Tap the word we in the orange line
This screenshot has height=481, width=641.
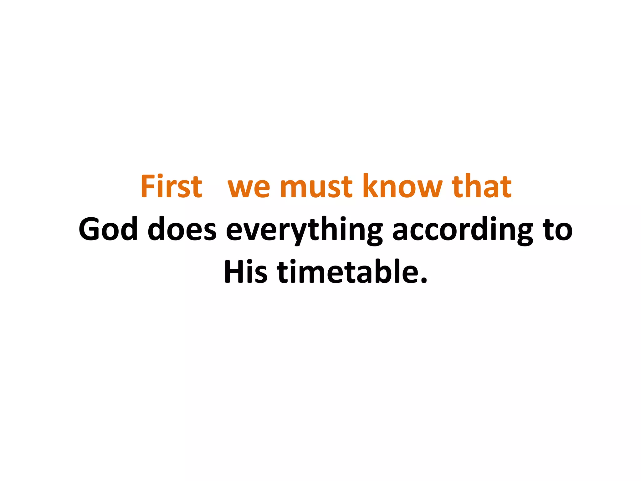[x=249, y=188]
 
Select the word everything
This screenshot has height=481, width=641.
[x=304, y=230]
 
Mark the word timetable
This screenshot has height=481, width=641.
[x=347, y=272]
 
